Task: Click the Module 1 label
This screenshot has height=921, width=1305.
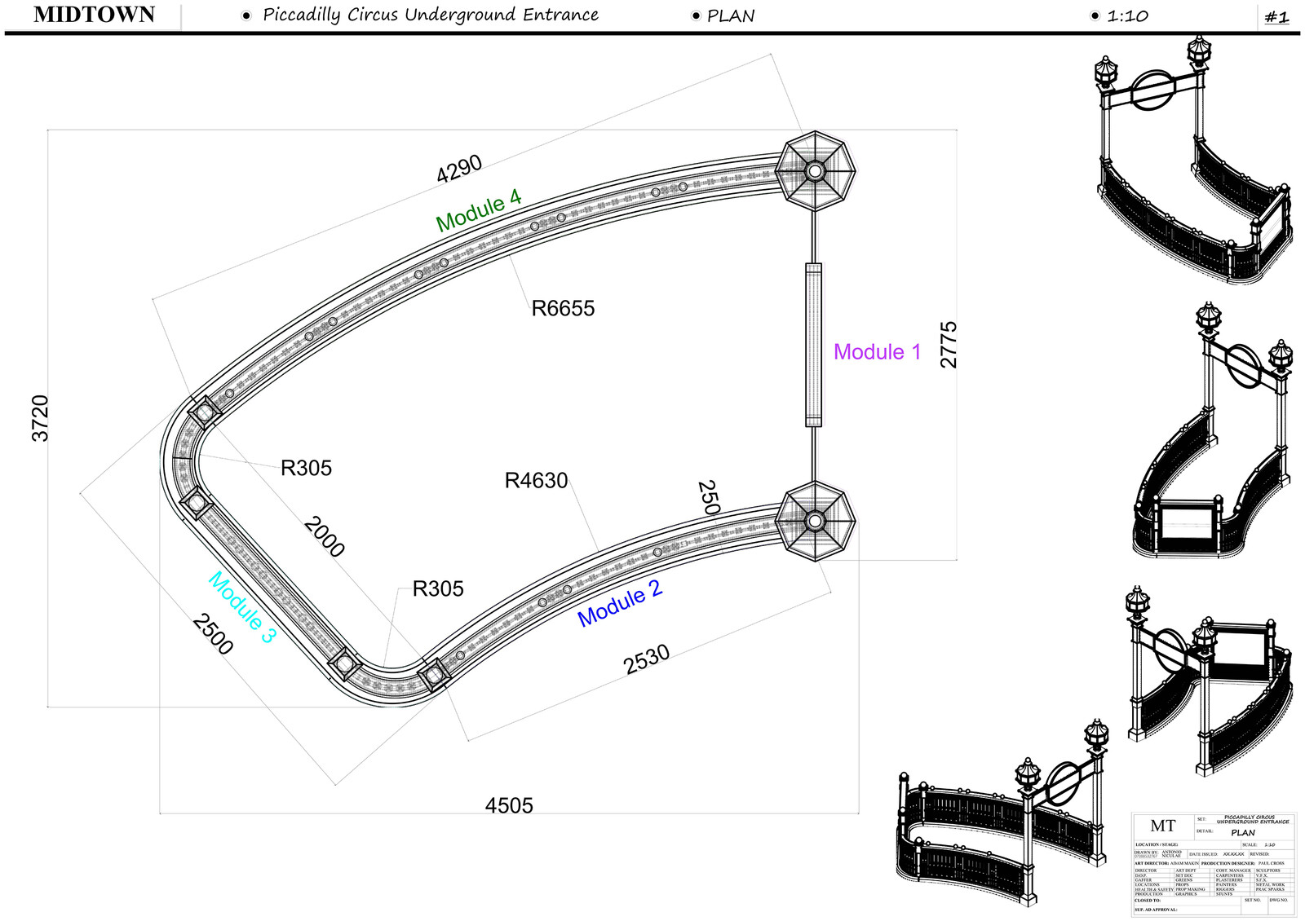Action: click(877, 352)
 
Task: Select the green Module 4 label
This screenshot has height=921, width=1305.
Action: click(478, 209)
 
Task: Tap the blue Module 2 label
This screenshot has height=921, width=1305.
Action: click(619, 603)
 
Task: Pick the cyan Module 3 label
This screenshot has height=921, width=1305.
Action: click(242, 606)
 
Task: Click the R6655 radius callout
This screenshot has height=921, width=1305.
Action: click(563, 309)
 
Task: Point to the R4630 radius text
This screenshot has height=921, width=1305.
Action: click(536, 481)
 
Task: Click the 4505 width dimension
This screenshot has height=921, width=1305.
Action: click(509, 805)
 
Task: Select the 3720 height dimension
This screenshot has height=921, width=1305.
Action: click(40, 418)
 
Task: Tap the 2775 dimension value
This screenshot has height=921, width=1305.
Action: click(949, 345)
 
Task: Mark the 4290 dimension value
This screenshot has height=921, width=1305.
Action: click(459, 170)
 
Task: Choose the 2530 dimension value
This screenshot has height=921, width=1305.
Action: click(647, 659)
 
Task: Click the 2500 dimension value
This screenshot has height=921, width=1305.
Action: click(213, 634)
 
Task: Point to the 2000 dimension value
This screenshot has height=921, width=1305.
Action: click(324, 536)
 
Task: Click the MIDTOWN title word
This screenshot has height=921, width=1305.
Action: click(94, 15)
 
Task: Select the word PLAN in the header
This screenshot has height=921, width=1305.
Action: click(731, 16)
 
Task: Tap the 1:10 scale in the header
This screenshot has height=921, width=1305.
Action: click(1127, 16)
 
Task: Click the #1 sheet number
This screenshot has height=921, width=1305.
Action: click(1276, 17)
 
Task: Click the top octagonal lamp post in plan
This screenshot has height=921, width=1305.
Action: click(815, 171)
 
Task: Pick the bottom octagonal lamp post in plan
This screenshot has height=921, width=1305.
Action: click(815, 520)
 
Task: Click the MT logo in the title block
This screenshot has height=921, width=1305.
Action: click(1162, 826)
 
